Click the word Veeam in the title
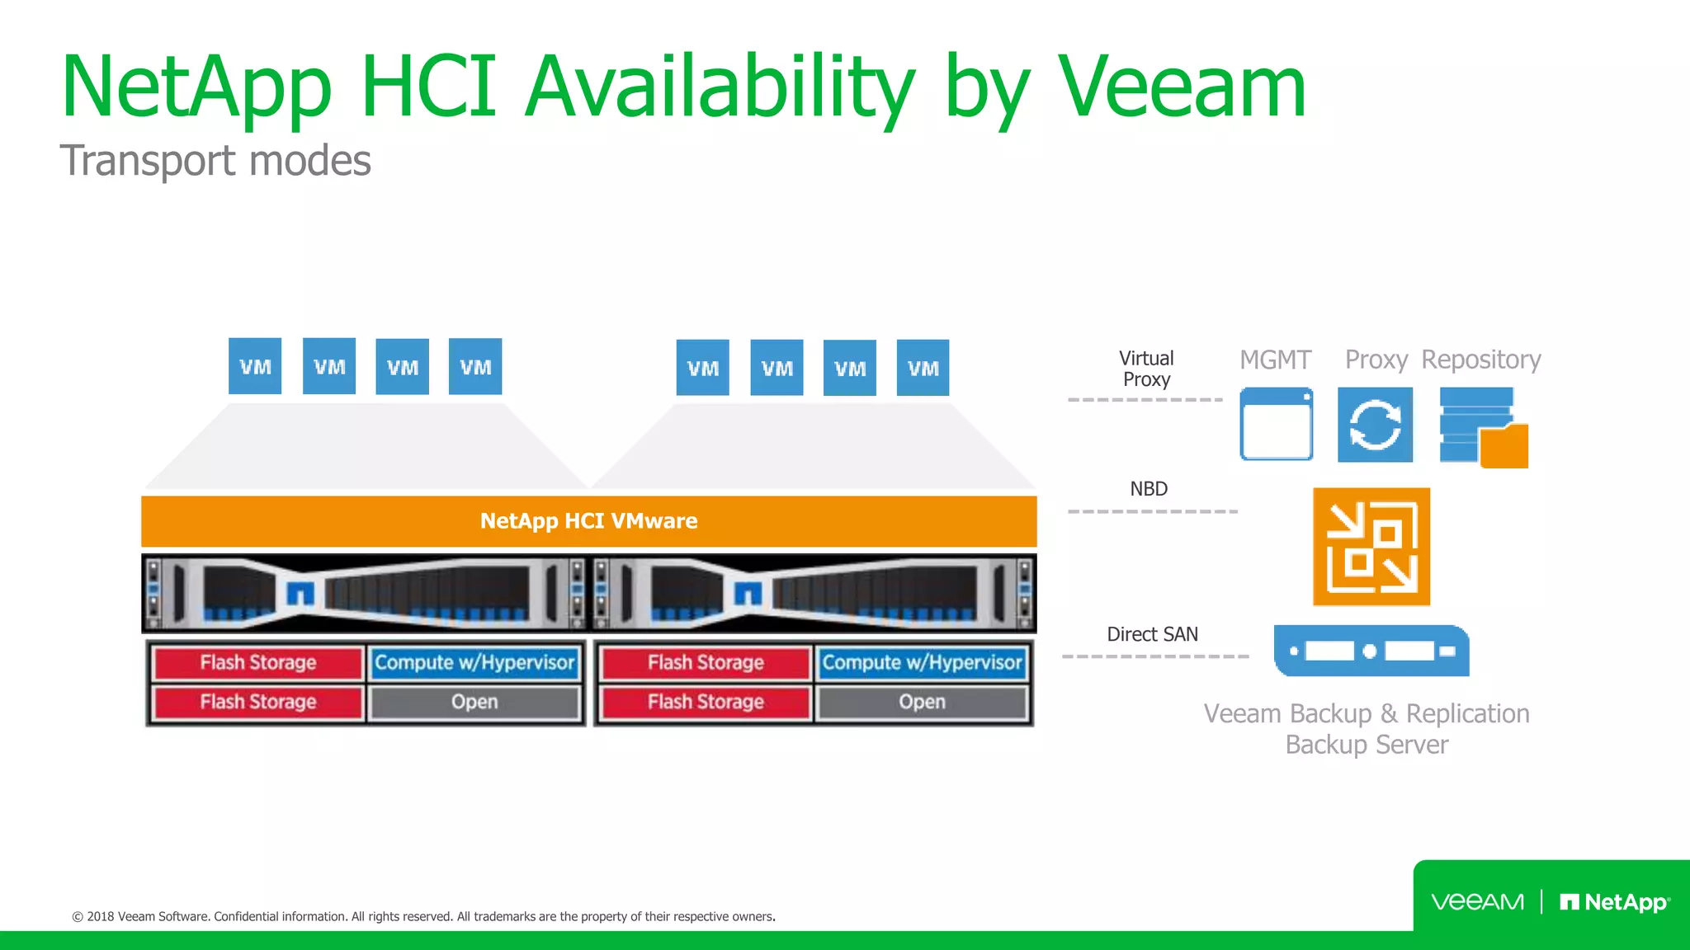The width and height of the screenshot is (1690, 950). coord(1182,87)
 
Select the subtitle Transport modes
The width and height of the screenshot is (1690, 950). coord(215,160)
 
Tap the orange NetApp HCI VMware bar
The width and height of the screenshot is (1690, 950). coord(588,521)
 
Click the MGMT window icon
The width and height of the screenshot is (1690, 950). coord(1276,424)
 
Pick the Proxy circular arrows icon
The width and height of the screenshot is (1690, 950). coord(1375,425)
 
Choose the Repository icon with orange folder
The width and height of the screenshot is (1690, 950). coord(1483,427)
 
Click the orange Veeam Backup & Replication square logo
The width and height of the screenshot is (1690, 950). coord(1371,547)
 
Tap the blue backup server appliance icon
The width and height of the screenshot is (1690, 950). coord(1371,651)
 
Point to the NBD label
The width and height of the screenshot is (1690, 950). coord(1149,489)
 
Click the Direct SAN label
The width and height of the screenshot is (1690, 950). coord(1152,634)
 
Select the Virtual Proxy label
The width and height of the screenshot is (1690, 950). coord(1146,369)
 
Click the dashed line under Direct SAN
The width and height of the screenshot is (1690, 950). coord(1155,656)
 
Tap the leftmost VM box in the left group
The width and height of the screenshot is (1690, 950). coord(255,367)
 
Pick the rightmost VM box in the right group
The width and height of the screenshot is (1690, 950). coord(923,368)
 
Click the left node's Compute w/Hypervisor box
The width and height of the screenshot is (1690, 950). coord(474,663)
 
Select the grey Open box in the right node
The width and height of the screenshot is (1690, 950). coord(922,703)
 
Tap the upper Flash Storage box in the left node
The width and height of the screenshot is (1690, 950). coord(258,663)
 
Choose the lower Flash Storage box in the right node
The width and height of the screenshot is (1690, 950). coord(706,703)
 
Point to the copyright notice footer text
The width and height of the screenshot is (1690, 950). coord(423,916)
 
